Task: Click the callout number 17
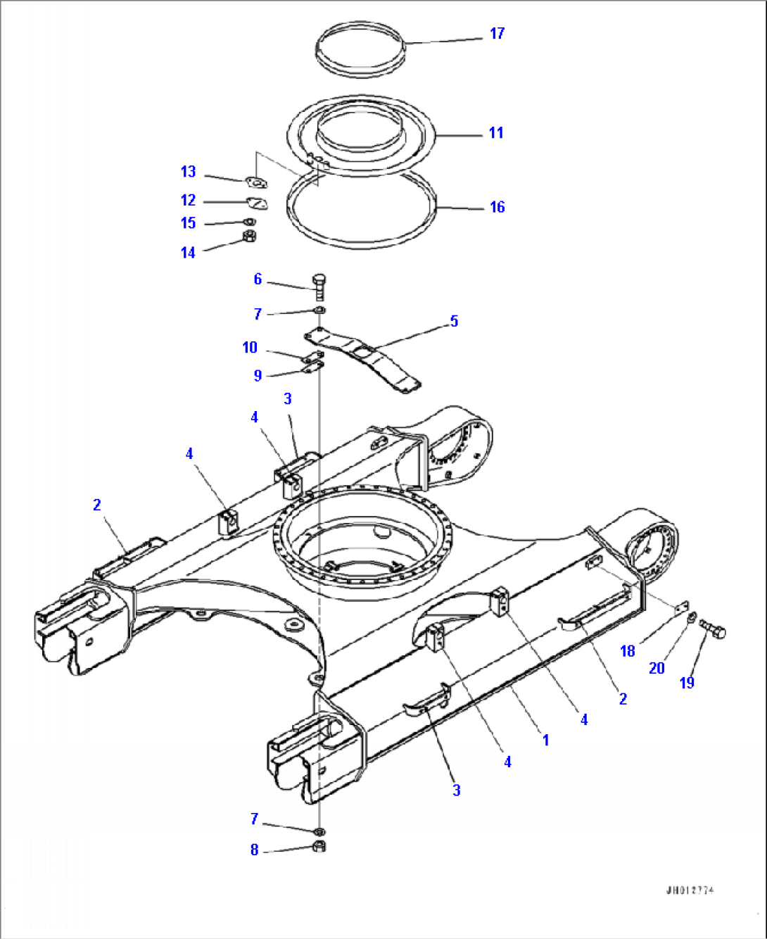coord(497,34)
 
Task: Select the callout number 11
coord(496,133)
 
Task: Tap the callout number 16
coord(497,207)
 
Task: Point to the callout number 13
coord(188,172)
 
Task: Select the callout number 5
coord(454,321)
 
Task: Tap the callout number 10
coord(250,348)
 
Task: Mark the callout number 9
coord(258,376)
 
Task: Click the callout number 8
coord(254,850)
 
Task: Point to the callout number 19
coord(687,682)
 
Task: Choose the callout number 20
coord(656,668)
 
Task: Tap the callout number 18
coord(627,651)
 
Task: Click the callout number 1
coord(545,741)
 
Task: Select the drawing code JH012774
coord(690,890)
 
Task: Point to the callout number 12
coord(188,201)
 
